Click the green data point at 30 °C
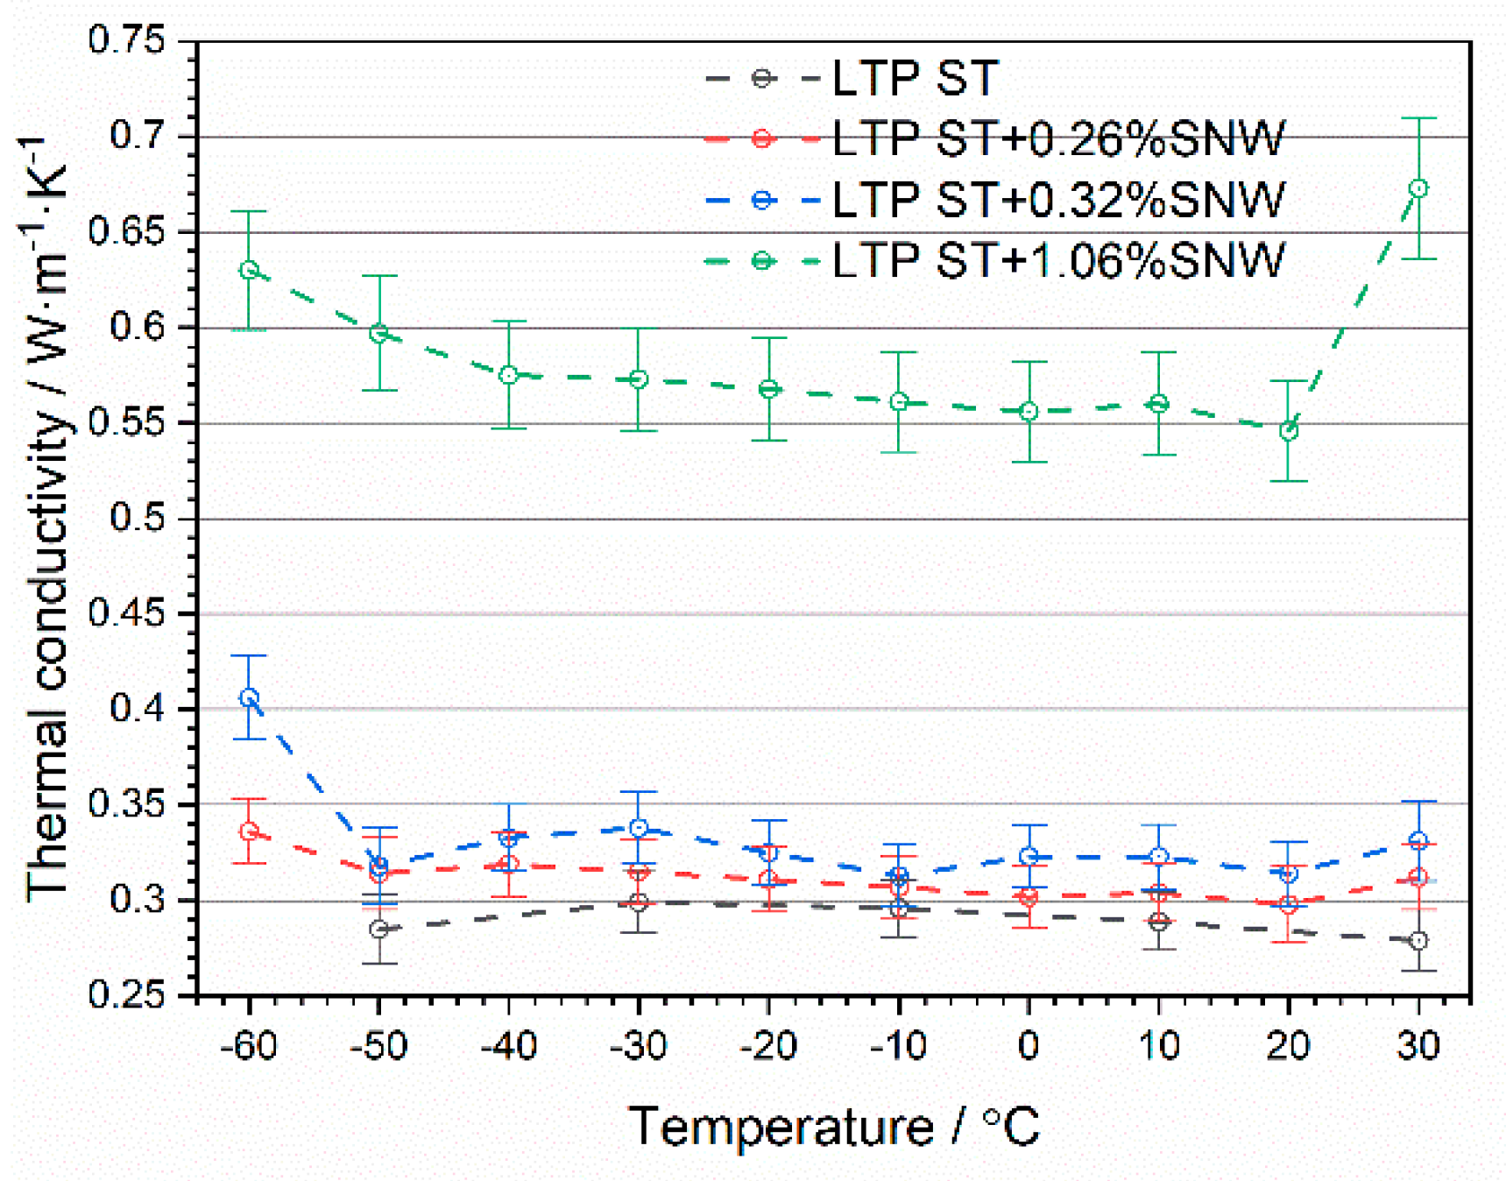pos(1418,188)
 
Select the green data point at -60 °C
pos(250,270)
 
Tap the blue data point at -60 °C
pos(250,697)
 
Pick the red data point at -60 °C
pos(250,831)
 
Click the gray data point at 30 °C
pos(1418,940)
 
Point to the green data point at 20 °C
pos(1288,431)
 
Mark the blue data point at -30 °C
pos(639,828)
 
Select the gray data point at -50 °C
pos(378,929)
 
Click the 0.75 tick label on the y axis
pos(126,40)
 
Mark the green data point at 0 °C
pos(1029,412)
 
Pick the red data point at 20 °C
pos(1288,905)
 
